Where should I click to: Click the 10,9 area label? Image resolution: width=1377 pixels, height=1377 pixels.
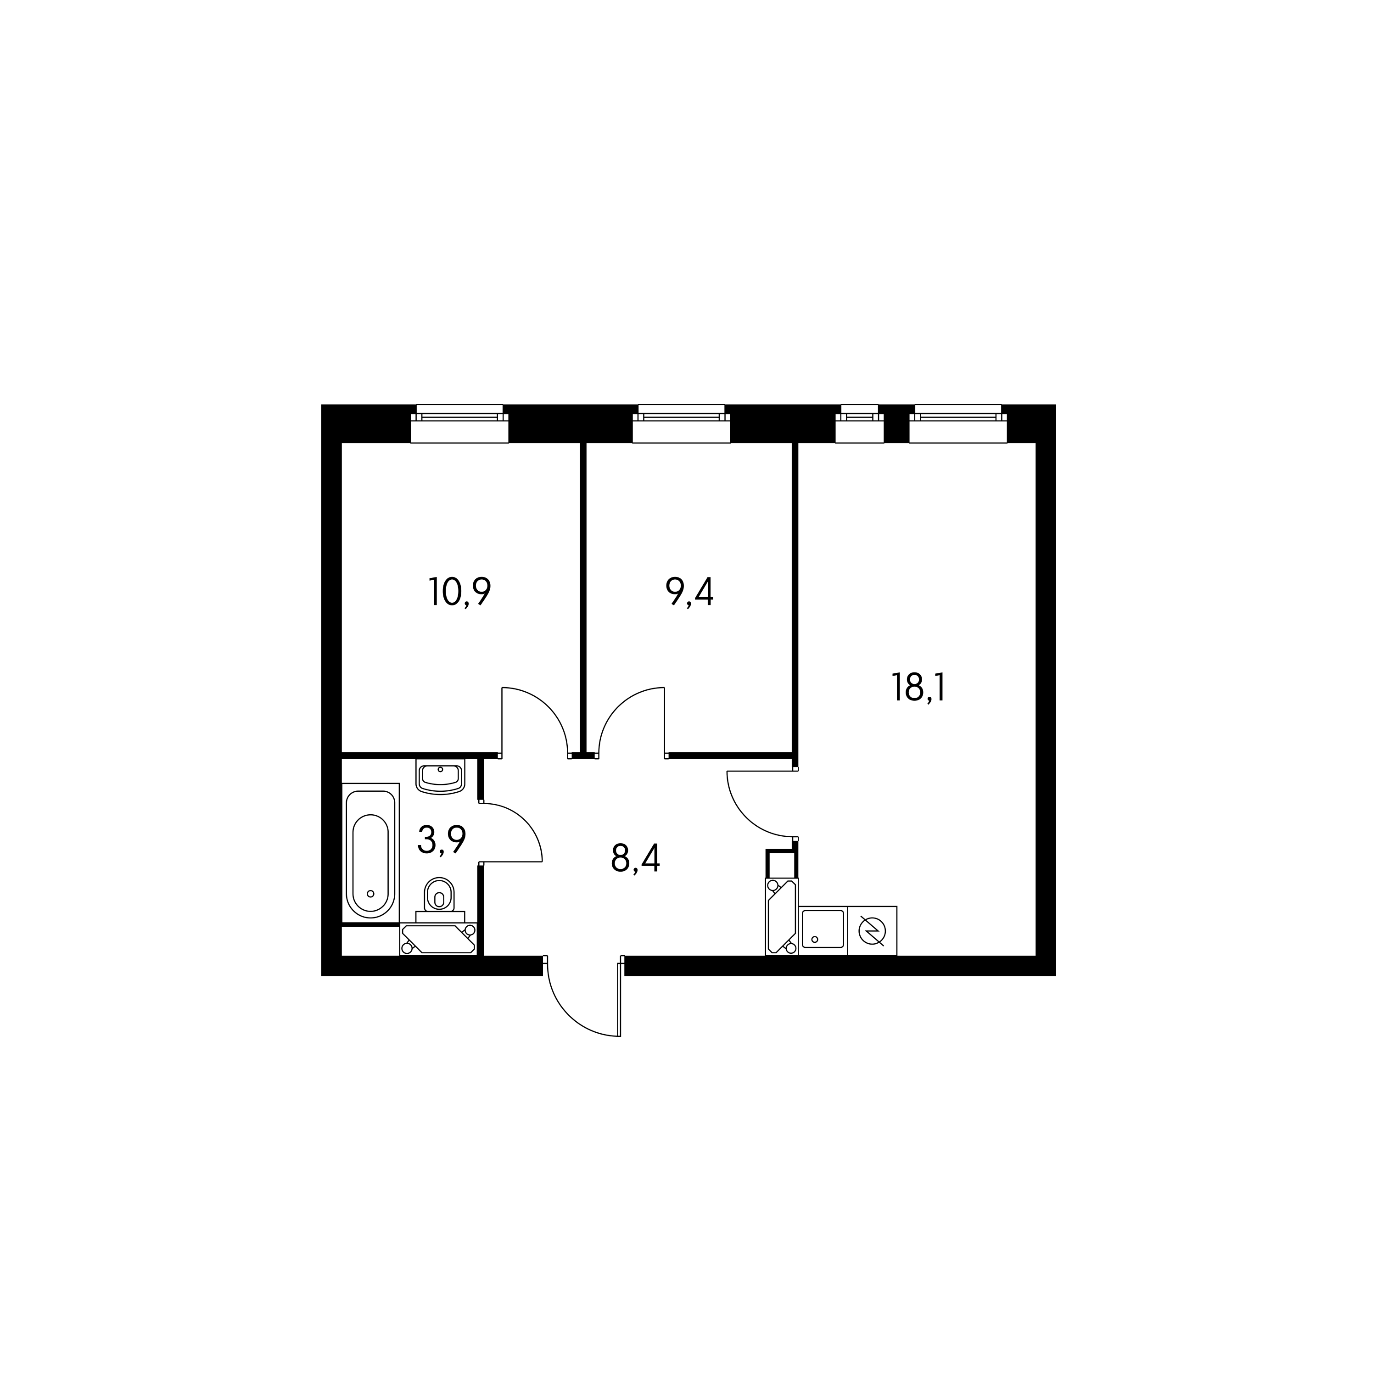tap(460, 592)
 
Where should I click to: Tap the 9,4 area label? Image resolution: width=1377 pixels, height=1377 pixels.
tap(689, 592)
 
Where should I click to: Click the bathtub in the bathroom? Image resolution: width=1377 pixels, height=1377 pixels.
tap(370, 853)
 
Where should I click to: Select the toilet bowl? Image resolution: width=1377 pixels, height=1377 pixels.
tap(440, 899)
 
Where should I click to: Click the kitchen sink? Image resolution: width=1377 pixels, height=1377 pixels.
tap(823, 930)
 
